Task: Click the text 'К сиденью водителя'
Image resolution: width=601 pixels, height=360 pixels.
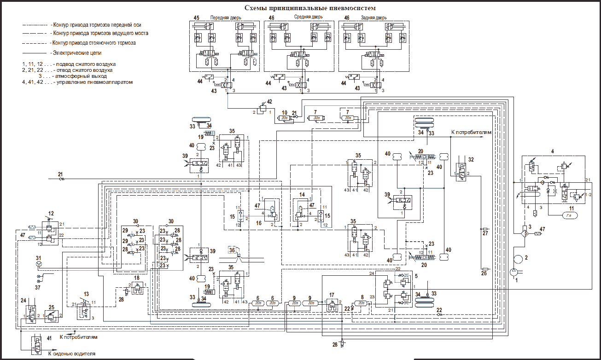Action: pos(72,354)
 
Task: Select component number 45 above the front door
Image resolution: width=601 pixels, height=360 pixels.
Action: pos(197,17)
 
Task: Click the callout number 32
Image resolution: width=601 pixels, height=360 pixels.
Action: pos(471,159)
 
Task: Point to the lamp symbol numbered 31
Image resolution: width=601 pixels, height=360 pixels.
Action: pos(39,264)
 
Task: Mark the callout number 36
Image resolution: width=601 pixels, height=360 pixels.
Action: pos(232,250)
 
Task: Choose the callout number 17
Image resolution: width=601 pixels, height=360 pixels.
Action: pos(332,295)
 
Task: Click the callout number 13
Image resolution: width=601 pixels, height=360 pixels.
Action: pos(86,294)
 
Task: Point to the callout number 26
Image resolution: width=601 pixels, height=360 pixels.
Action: pos(484,273)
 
